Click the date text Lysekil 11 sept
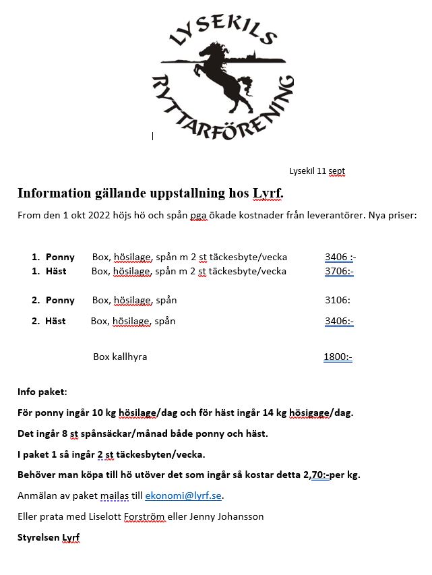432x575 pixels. click(x=317, y=171)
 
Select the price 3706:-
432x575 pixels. click(x=339, y=272)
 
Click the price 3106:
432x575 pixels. click(x=338, y=300)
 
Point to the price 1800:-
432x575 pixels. click(x=338, y=357)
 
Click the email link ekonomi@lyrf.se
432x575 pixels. click(x=183, y=496)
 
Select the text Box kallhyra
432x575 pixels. click(x=120, y=357)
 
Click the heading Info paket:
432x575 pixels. click(x=42, y=392)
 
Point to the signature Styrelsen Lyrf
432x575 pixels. click(x=49, y=537)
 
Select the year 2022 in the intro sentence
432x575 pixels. click(x=92, y=216)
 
